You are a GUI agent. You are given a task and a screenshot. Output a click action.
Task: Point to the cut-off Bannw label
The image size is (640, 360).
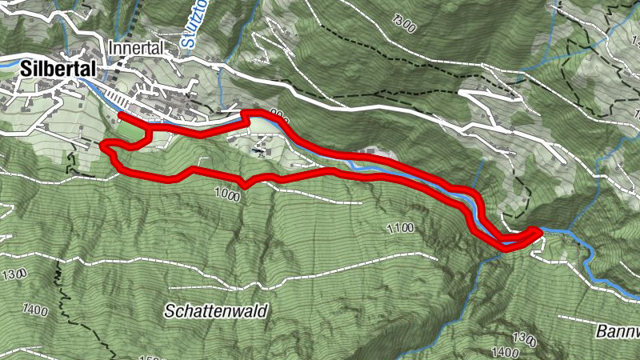coord(618,330)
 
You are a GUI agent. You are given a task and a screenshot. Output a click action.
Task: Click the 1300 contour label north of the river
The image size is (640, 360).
coord(405,24)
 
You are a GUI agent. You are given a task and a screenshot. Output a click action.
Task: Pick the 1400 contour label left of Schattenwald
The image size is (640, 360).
coord(36,308)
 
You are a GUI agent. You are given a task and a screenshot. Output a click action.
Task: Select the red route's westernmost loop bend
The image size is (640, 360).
coord(103,146)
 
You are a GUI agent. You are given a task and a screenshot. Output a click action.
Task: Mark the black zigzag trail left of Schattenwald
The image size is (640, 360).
coord(59,276)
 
